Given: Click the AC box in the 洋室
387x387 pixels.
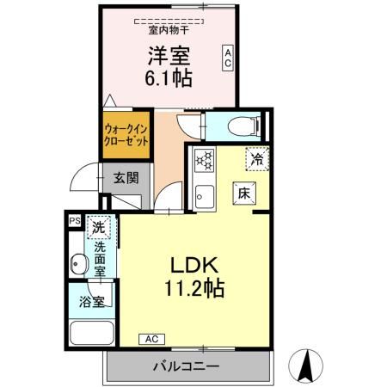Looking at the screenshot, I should [228, 58].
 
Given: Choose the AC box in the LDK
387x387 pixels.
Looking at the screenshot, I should [151, 338].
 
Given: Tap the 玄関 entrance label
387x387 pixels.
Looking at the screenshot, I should [126, 179].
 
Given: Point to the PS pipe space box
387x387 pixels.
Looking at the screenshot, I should [75, 221].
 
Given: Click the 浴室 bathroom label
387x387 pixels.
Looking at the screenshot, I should [91, 303].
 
